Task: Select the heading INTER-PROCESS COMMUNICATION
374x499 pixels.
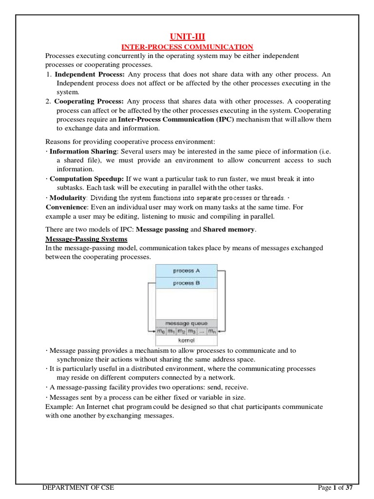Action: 187,47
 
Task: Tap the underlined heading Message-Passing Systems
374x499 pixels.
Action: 86,239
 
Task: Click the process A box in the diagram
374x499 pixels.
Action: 186,270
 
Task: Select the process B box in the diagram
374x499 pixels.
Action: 186,283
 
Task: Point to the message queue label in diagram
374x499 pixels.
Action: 186,323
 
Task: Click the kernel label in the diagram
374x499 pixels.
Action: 186,341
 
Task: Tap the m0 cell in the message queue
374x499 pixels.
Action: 161,331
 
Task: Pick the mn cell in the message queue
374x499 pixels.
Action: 211,331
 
